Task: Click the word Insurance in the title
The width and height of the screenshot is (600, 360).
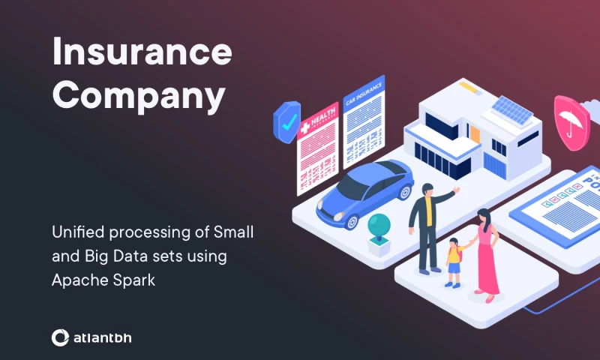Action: [x=142, y=52]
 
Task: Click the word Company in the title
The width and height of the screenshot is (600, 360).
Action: [x=139, y=96]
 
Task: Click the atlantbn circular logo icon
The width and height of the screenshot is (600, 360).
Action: [x=60, y=338]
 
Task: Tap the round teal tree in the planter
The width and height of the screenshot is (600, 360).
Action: [x=379, y=224]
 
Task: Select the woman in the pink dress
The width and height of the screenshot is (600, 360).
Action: [x=486, y=251]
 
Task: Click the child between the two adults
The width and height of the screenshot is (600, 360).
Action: [x=454, y=262]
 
